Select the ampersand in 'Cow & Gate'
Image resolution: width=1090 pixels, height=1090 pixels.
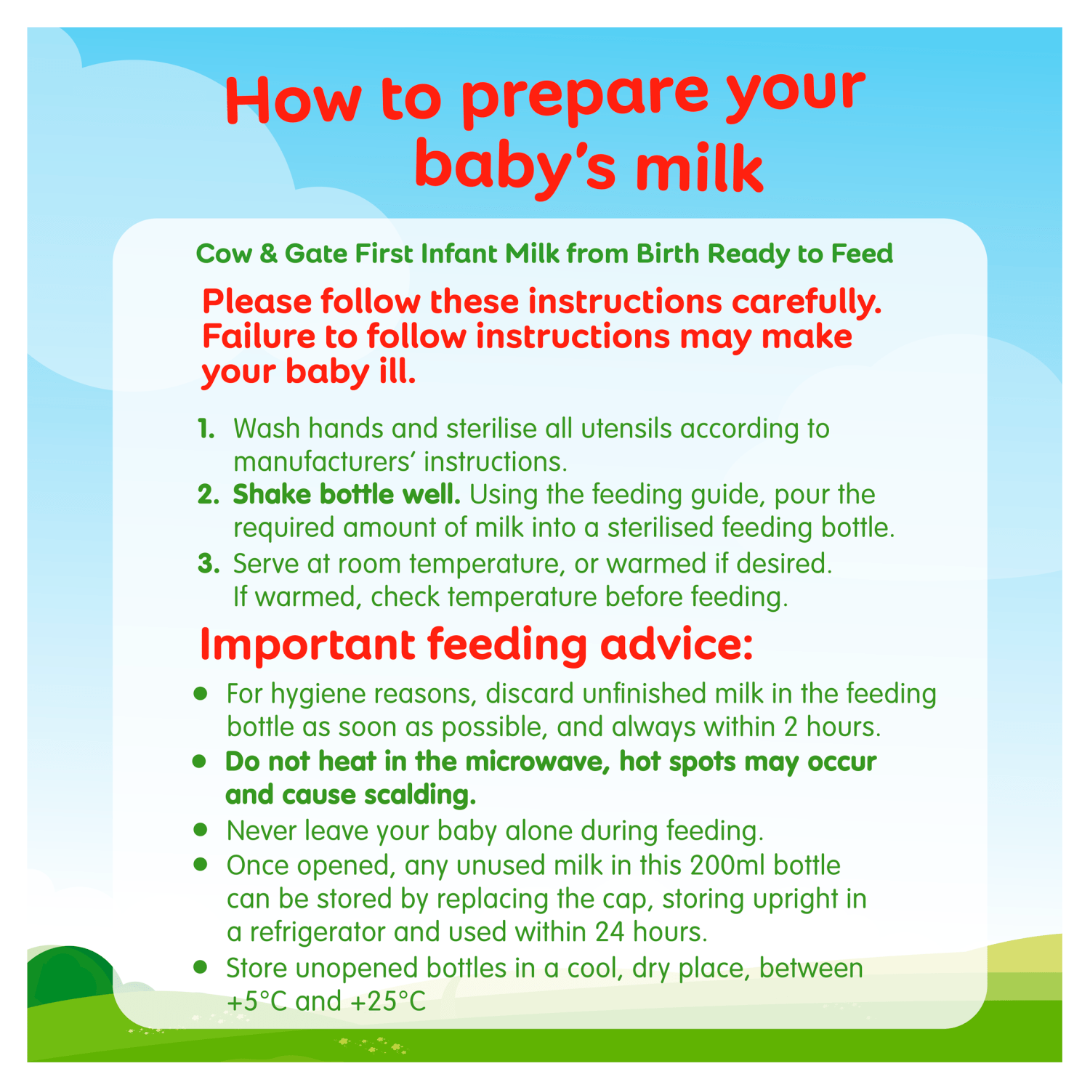click(x=268, y=254)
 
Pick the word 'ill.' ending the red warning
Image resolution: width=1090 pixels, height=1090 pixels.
click(x=397, y=371)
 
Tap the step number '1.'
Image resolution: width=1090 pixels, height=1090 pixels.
click(x=206, y=429)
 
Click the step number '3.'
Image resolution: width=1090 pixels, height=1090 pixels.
click(x=209, y=564)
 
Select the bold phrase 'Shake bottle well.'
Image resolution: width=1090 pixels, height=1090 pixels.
click(x=347, y=495)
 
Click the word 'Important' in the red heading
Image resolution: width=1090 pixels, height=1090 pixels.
click(x=307, y=645)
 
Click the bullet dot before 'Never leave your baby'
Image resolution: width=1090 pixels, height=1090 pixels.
click(x=201, y=828)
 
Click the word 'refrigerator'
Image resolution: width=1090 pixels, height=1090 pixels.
click(x=318, y=932)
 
